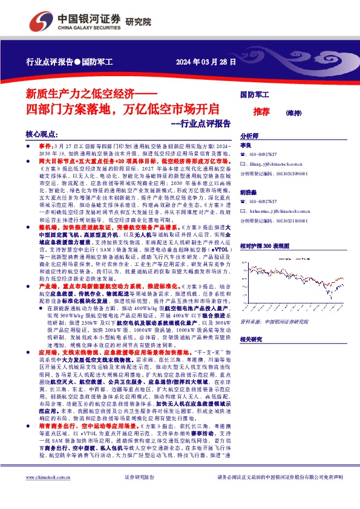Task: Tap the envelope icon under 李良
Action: (243, 163)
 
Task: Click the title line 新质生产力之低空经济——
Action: (91, 94)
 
